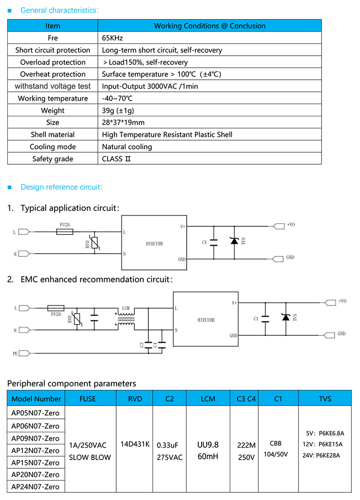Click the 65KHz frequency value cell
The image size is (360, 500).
coord(113,38)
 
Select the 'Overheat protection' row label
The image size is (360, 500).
coord(53,74)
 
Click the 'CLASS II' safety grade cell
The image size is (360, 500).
coord(116,159)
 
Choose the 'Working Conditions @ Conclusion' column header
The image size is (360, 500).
coord(210,26)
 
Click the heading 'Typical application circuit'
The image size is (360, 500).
coord(70,208)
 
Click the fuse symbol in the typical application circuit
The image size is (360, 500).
coord(65,232)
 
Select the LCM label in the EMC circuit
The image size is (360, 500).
coord(126,307)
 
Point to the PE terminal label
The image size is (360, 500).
coord(15,354)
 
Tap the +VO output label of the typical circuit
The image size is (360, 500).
coord(291,224)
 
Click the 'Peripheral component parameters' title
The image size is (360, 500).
coord(72,383)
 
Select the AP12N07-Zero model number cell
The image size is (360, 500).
coord(36,451)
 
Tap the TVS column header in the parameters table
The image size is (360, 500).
coord(325,399)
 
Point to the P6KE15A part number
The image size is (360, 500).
coord(330,444)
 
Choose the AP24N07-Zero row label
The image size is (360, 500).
coord(36,487)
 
